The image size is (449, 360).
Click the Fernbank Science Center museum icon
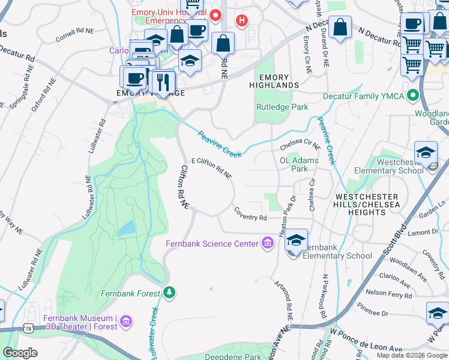click(x=267, y=243)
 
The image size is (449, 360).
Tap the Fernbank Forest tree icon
click(x=170, y=293)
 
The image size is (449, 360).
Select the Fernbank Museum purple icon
click(x=125, y=322)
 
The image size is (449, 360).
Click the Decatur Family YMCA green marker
click(x=412, y=95)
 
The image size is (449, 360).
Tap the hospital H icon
click(x=241, y=21)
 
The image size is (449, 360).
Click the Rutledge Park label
click(x=282, y=107)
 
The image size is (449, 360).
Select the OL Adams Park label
click(x=299, y=164)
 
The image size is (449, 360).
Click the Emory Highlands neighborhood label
click(x=274, y=82)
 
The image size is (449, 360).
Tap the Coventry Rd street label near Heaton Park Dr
click(x=250, y=213)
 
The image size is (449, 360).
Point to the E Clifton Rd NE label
click(x=211, y=167)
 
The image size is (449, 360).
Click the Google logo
click(x=20, y=352)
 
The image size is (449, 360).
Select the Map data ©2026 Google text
click(x=412, y=355)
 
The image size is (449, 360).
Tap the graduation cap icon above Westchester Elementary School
click(x=426, y=152)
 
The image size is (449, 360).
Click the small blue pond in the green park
click(x=127, y=228)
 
